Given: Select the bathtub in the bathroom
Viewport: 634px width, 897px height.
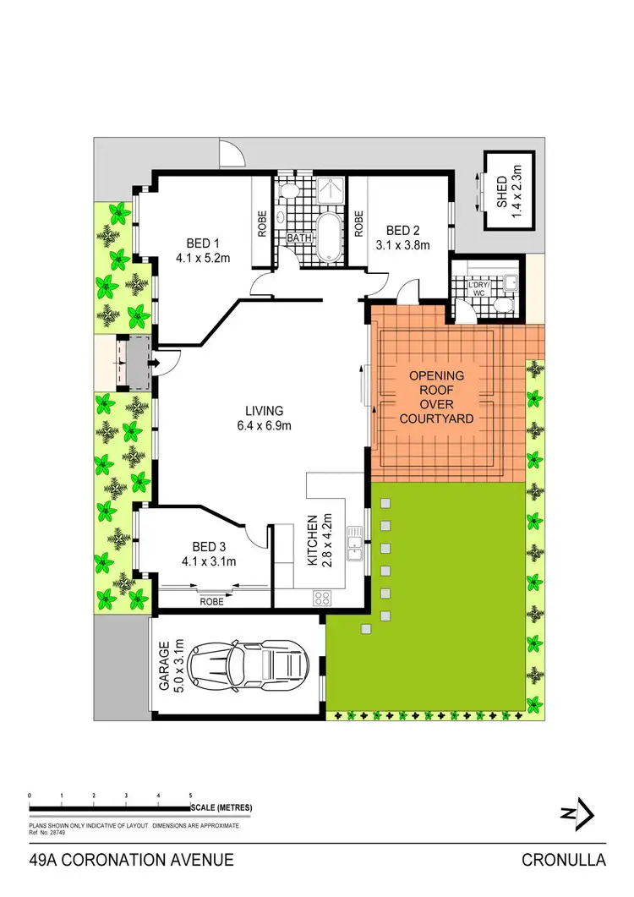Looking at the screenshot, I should click(326, 236).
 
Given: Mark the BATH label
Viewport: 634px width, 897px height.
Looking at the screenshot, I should click(298, 238).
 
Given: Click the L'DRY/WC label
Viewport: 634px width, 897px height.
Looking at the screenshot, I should click(479, 289).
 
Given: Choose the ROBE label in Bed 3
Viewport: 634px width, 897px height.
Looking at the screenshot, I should click(212, 603).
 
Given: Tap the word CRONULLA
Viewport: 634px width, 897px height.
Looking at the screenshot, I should click(564, 861).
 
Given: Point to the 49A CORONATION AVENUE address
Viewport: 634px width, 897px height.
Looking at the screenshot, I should click(130, 861).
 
